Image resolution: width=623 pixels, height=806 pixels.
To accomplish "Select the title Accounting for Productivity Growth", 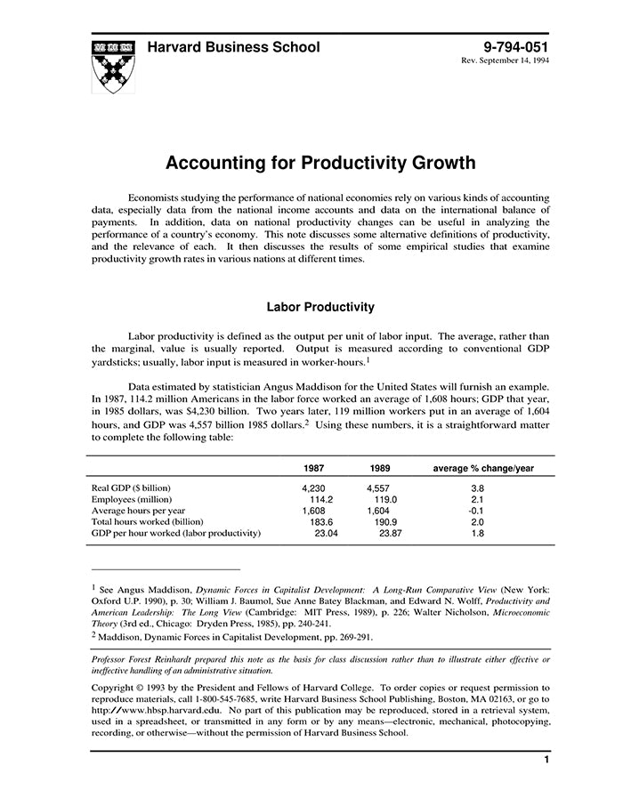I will (320, 164).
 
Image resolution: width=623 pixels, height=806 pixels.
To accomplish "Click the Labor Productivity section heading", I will (320, 307).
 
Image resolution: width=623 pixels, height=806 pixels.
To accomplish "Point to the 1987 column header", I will (313, 468).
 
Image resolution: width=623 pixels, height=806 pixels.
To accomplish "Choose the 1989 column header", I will (380, 468).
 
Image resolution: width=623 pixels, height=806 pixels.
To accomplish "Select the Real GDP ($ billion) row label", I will (132, 488).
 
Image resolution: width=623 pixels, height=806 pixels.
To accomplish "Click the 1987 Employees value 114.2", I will (317, 499).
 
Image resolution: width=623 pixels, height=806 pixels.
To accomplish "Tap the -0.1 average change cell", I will (477, 511).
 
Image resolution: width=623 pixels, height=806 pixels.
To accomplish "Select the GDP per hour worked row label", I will (176, 533).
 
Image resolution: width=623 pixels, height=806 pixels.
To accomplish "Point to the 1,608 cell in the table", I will (314, 511).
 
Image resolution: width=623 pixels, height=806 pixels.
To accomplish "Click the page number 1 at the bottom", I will (545, 761).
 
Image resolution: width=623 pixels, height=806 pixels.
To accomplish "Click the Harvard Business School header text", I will (233, 47).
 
